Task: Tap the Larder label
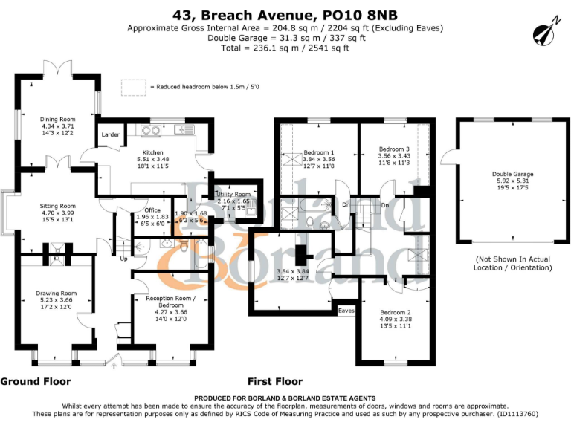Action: tap(110, 135)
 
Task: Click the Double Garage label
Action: tap(512, 174)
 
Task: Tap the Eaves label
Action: tap(346, 310)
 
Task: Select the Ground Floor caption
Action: tap(36, 382)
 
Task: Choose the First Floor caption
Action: tap(275, 382)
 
